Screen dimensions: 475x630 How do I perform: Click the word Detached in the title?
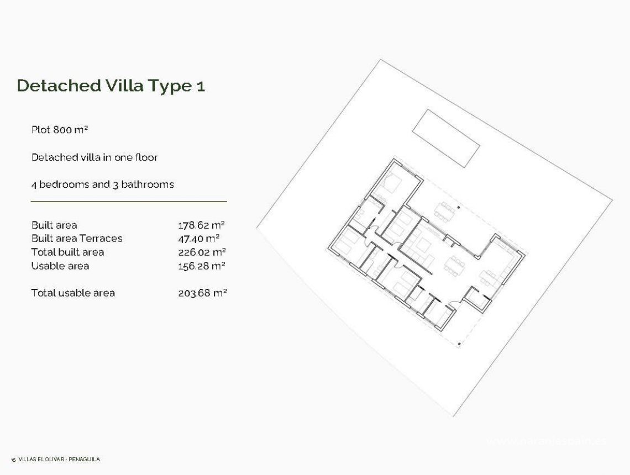[x=57, y=86]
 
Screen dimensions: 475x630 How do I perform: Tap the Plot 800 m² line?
[x=60, y=130]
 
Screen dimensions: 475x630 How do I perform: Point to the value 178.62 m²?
[x=201, y=225]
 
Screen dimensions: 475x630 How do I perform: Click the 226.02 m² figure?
[x=202, y=252]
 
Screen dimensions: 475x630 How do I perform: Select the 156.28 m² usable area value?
[x=201, y=266]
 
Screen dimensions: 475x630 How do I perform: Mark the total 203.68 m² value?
[x=202, y=293]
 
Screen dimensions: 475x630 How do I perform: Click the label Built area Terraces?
[x=77, y=239]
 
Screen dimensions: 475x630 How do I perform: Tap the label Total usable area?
[x=73, y=293]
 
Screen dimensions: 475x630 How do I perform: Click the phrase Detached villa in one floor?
[x=95, y=157]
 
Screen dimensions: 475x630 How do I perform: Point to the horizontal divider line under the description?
[x=128, y=202]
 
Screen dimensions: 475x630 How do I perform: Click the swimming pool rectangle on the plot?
[x=445, y=138]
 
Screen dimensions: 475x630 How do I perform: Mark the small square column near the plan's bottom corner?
[x=459, y=344]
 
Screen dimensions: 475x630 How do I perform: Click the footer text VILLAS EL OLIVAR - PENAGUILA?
[x=59, y=460]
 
